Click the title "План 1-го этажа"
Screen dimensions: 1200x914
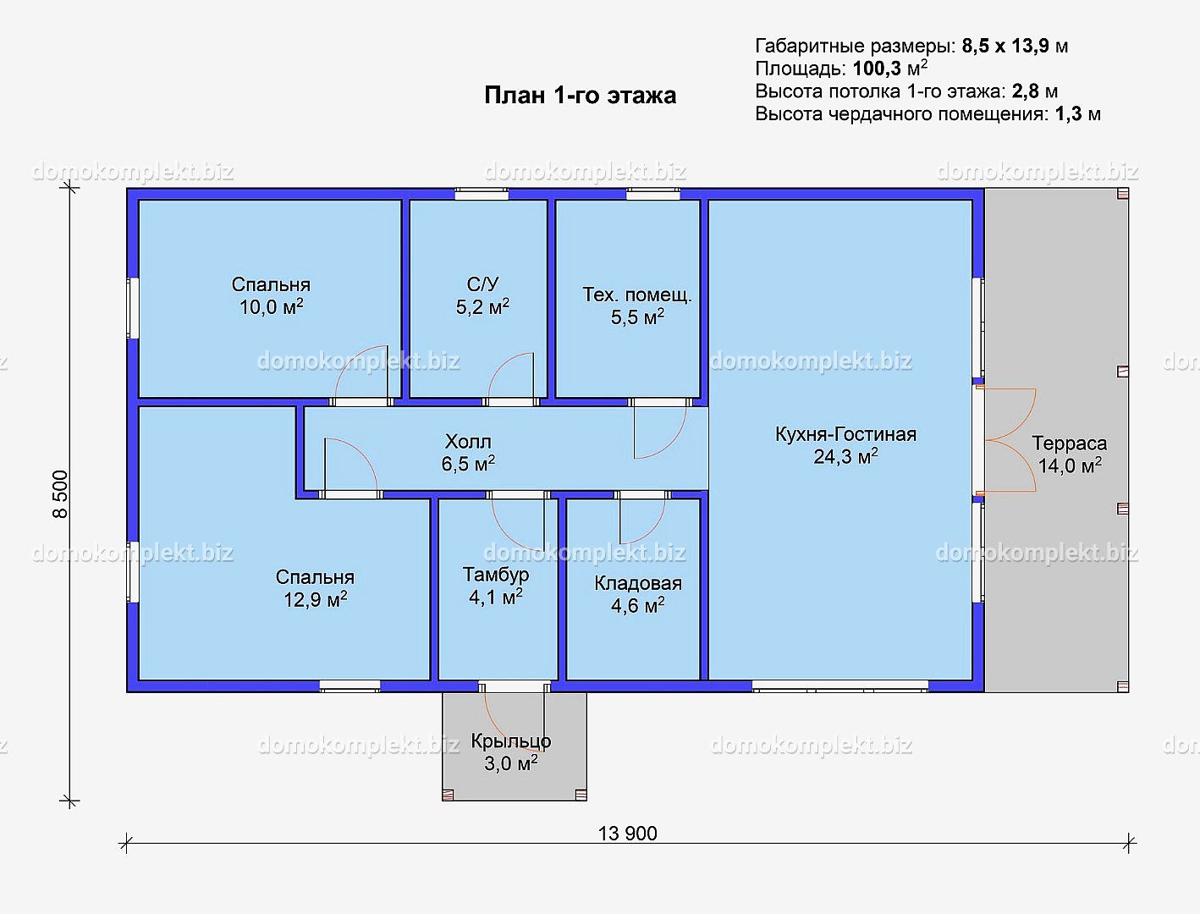point(580,95)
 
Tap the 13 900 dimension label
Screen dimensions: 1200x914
point(627,834)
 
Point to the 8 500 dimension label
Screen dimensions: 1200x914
point(60,494)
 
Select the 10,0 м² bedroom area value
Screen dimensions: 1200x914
point(271,306)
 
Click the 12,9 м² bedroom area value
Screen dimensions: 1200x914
point(316,600)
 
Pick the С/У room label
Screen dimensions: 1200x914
point(482,284)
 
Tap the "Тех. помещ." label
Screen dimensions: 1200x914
point(637,295)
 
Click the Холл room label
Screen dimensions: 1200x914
point(468,441)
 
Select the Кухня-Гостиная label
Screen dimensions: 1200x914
point(845,434)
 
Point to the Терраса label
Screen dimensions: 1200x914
point(1070,443)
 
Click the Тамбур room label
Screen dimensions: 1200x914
point(496,575)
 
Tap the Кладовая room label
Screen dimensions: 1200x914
point(638,583)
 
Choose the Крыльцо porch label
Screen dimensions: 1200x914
point(511,741)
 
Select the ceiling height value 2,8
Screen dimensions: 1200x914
point(1025,91)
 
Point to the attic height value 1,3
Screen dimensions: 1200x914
point(1068,113)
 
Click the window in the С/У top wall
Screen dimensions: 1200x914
point(482,194)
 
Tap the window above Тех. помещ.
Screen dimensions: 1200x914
point(652,194)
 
